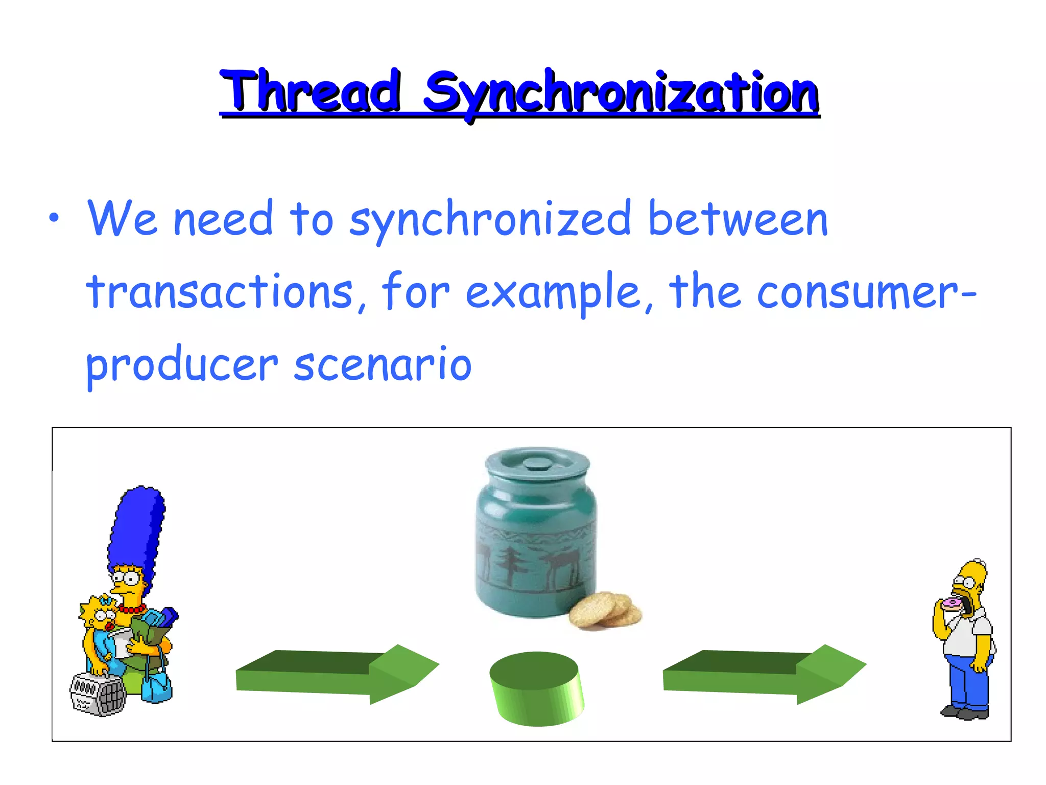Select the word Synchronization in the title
point(621,93)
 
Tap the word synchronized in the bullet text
point(490,220)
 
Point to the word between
point(738,219)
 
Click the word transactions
point(220,292)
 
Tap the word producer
point(181,366)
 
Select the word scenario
point(383,365)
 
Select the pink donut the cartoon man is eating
point(952,605)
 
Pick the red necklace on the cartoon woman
point(132,609)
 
